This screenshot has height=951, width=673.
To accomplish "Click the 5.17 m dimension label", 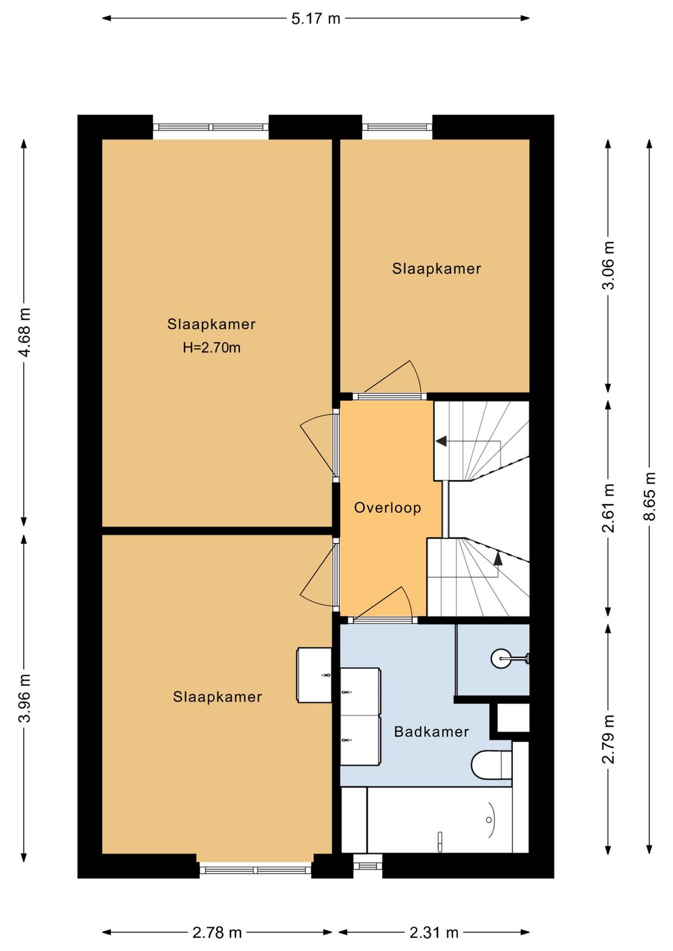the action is [315, 19].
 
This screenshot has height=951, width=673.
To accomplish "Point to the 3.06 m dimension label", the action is [608, 265].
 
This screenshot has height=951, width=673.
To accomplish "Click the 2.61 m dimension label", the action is [608, 508].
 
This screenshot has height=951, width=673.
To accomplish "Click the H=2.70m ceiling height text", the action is [211, 348].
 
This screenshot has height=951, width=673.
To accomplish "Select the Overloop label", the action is [387, 508].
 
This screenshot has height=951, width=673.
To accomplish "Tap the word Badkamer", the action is [431, 732].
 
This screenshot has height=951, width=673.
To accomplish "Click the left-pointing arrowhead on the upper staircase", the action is [441, 441].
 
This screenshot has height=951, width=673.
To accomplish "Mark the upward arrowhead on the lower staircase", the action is [498, 559].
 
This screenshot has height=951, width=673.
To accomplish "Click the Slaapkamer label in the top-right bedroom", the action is [436, 269].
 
